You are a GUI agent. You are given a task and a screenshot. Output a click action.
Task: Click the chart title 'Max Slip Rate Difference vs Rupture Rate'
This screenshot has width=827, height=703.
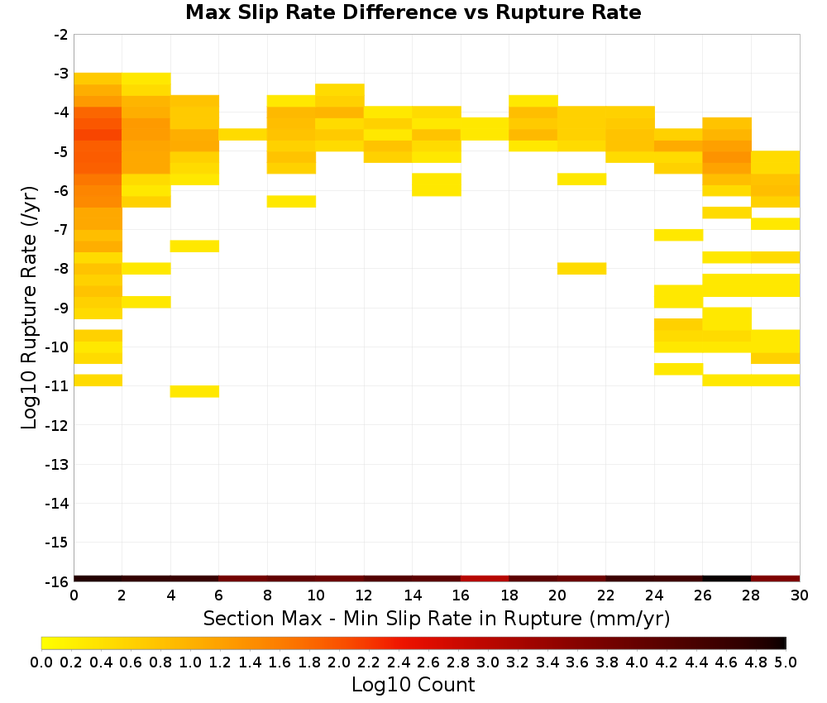[x=413, y=12]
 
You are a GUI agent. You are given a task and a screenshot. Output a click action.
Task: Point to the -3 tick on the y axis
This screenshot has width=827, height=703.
[x=61, y=74]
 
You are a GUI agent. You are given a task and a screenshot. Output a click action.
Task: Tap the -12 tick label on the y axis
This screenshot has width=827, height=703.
[x=58, y=425]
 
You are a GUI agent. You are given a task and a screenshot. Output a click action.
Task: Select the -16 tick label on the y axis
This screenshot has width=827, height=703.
[x=58, y=581]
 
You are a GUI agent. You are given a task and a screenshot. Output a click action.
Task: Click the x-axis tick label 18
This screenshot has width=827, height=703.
[x=509, y=595]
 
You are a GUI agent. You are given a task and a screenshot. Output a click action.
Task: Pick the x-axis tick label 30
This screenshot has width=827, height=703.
[x=800, y=595]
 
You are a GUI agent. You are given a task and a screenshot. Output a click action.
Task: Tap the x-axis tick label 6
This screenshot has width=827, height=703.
[x=219, y=595]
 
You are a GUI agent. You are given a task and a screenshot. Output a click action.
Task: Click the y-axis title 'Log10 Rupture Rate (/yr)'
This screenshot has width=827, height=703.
[x=30, y=308]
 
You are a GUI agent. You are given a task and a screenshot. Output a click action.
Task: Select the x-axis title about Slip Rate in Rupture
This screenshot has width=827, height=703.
[x=437, y=619]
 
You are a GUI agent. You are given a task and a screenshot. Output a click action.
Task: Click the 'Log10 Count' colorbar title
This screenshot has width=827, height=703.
[x=413, y=685]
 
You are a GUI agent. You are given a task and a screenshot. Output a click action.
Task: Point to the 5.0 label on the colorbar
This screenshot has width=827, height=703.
[x=786, y=662]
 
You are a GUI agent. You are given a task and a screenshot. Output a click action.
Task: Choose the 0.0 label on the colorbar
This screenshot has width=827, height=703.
[x=41, y=662]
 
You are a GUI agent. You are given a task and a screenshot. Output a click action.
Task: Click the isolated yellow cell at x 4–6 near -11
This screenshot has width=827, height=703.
[x=194, y=391]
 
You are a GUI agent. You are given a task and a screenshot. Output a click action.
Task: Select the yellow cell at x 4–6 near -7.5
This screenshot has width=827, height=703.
[x=194, y=246]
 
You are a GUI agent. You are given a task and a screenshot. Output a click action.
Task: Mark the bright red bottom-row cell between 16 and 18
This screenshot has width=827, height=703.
[x=485, y=579]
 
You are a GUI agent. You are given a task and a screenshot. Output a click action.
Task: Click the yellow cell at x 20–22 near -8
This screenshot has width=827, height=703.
[x=581, y=269]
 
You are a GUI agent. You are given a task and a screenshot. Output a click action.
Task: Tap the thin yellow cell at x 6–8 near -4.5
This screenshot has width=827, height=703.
[x=243, y=135]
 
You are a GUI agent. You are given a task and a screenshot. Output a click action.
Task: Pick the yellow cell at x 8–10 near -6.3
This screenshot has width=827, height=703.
[x=292, y=202]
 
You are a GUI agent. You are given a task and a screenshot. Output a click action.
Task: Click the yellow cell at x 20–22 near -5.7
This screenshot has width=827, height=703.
[x=581, y=179]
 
